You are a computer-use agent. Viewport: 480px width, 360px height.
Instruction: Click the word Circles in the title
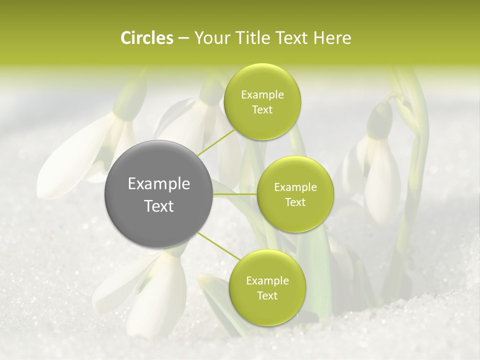(147, 38)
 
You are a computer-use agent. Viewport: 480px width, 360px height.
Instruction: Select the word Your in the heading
(210, 38)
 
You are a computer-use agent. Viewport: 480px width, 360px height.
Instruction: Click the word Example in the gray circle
(159, 184)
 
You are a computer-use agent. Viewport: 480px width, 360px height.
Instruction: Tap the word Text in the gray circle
(159, 206)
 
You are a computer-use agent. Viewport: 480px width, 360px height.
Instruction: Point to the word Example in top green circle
(262, 94)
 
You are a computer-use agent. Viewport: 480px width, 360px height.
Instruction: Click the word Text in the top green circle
(262, 109)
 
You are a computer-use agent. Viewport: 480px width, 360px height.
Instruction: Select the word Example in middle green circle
(295, 187)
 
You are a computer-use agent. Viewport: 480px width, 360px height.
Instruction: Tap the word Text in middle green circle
(295, 202)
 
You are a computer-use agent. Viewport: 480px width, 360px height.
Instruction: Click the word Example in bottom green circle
(267, 280)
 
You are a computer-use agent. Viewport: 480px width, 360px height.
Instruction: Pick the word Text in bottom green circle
(267, 295)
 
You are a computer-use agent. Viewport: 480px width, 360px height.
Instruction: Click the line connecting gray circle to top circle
(216, 142)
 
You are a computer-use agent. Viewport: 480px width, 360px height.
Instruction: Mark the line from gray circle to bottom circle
(218, 246)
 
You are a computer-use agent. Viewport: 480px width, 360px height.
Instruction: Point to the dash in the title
(183, 38)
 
